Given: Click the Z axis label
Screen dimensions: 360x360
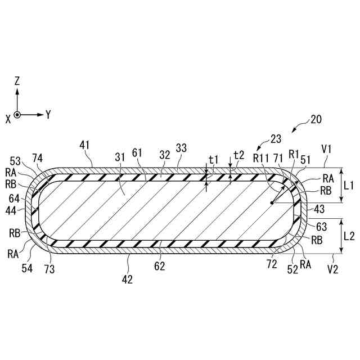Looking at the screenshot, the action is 17,81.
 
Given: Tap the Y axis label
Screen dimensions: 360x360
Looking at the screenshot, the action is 48,115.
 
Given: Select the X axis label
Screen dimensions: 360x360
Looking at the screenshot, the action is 8,119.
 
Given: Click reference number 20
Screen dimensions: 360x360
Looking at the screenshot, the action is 316,119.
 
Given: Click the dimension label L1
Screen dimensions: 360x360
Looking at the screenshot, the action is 349,184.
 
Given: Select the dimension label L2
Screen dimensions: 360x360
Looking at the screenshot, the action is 349,236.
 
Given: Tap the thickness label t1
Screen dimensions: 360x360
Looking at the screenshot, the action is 213,160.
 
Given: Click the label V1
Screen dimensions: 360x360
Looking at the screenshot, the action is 326,150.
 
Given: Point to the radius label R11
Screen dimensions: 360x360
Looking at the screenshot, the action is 261,158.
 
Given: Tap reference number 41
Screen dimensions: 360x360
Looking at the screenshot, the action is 85,145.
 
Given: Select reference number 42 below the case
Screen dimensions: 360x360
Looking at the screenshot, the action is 128,279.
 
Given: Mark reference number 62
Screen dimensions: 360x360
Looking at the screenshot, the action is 160,266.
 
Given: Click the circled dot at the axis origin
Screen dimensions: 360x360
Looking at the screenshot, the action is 17,115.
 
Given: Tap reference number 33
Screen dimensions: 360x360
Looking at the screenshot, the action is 181,148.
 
